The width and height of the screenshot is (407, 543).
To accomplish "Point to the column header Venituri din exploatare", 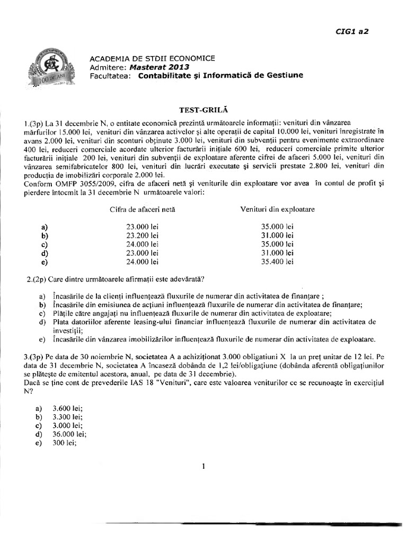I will (278, 209).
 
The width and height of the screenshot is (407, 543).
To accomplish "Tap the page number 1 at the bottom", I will (203, 467).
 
